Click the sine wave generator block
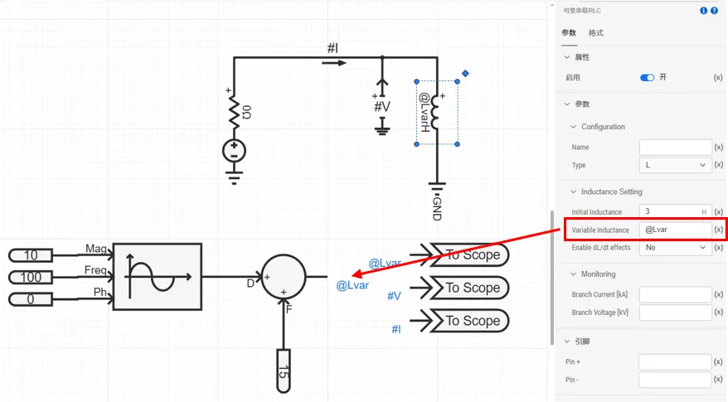(x=157, y=276)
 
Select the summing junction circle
(x=284, y=277)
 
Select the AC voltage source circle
(x=234, y=151)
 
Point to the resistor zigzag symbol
(x=234, y=109)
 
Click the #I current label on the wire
(x=332, y=48)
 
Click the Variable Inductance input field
(x=675, y=230)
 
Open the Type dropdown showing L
(x=675, y=165)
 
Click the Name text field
(x=675, y=148)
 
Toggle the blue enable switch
(x=648, y=77)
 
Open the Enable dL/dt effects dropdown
(x=675, y=247)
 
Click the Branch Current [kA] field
(x=675, y=294)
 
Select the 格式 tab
(x=596, y=33)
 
